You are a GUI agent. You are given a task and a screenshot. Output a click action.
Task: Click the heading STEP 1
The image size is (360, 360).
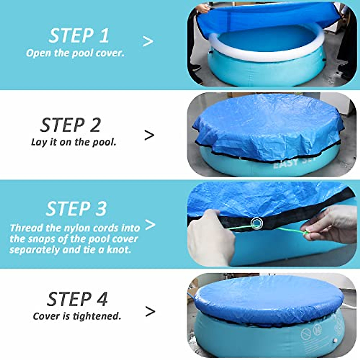[x=79, y=36]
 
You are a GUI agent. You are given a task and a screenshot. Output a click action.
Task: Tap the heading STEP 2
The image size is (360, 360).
[x=71, y=125]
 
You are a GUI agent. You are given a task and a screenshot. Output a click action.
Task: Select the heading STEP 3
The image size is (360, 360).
[x=76, y=208]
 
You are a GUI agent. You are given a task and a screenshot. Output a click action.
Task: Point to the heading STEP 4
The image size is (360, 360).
[x=77, y=299]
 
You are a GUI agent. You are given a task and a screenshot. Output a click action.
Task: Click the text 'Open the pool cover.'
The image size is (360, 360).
[x=75, y=53]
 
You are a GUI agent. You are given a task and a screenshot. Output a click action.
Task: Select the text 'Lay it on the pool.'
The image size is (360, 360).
[x=73, y=142]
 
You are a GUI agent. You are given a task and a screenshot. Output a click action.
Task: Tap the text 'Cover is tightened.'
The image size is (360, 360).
[x=77, y=316]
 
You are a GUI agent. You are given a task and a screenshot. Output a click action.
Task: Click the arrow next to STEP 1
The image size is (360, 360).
[x=148, y=41]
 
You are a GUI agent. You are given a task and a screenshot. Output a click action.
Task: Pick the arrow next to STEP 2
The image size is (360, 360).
[x=149, y=135]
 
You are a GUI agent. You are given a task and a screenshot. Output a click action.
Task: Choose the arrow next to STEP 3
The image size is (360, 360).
[x=150, y=225]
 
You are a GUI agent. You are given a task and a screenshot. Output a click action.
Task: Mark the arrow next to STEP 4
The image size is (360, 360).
[x=150, y=312]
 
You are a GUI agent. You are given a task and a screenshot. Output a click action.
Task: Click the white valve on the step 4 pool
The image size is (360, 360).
[x=335, y=341]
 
